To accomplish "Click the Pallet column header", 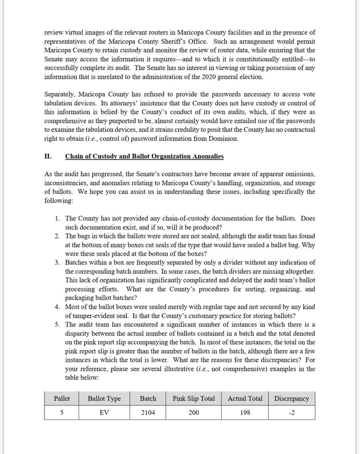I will coord(62,399).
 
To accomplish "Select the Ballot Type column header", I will coord(104,399).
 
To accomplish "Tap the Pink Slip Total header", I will coord(194,399).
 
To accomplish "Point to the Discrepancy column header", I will coord(292,399).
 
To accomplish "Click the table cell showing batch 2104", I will coord(148,413).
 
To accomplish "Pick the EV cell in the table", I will coord(104,413).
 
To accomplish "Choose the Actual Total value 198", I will coord(245,413).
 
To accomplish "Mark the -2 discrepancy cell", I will coord(292,413).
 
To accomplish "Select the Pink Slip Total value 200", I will coord(194,413).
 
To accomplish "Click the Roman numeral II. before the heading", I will coord(48,156).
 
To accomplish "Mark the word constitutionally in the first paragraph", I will coord(272,59).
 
